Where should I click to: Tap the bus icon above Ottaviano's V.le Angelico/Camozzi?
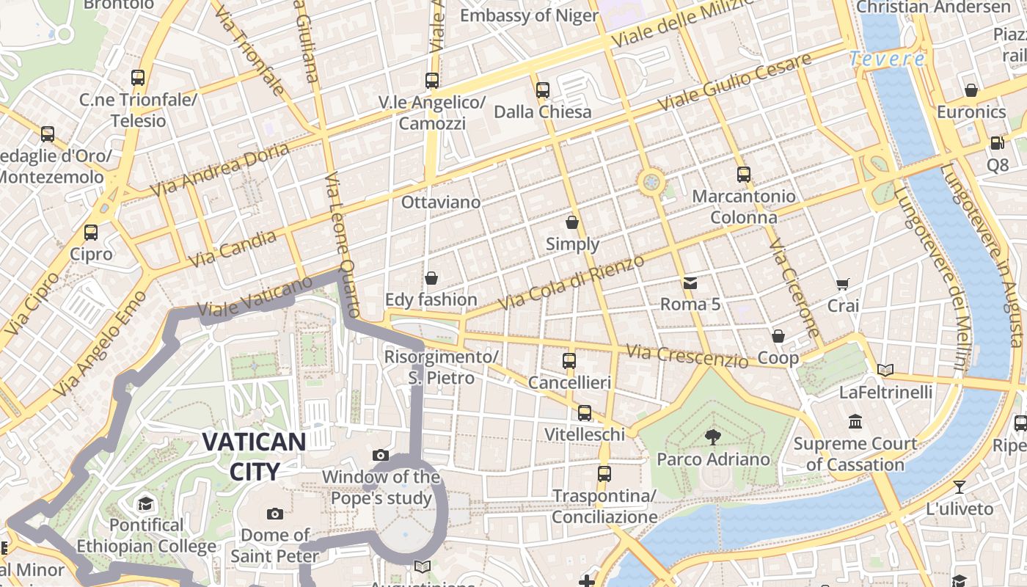[432, 81]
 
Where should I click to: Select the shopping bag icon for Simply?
[572, 222]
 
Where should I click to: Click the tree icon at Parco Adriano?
[712, 438]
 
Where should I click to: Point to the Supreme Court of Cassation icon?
[855, 422]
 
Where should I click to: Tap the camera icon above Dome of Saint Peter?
[275, 514]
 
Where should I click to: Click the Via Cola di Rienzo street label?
[571, 282]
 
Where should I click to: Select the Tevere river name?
[887, 59]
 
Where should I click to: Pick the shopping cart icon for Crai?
[843, 284]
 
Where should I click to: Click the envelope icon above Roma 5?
[690, 283]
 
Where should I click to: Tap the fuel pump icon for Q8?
[997, 143]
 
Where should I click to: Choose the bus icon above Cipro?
[91, 233]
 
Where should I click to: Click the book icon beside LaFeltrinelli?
[885, 371]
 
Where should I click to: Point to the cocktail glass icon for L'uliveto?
[959, 487]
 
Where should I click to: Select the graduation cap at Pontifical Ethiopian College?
[145, 503]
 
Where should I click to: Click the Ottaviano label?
[441, 202]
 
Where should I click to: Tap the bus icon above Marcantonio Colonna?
[744, 175]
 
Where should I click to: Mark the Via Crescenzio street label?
[687, 357]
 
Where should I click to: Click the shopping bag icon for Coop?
[778, 336]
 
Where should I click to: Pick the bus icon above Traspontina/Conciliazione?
[604, 474]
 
